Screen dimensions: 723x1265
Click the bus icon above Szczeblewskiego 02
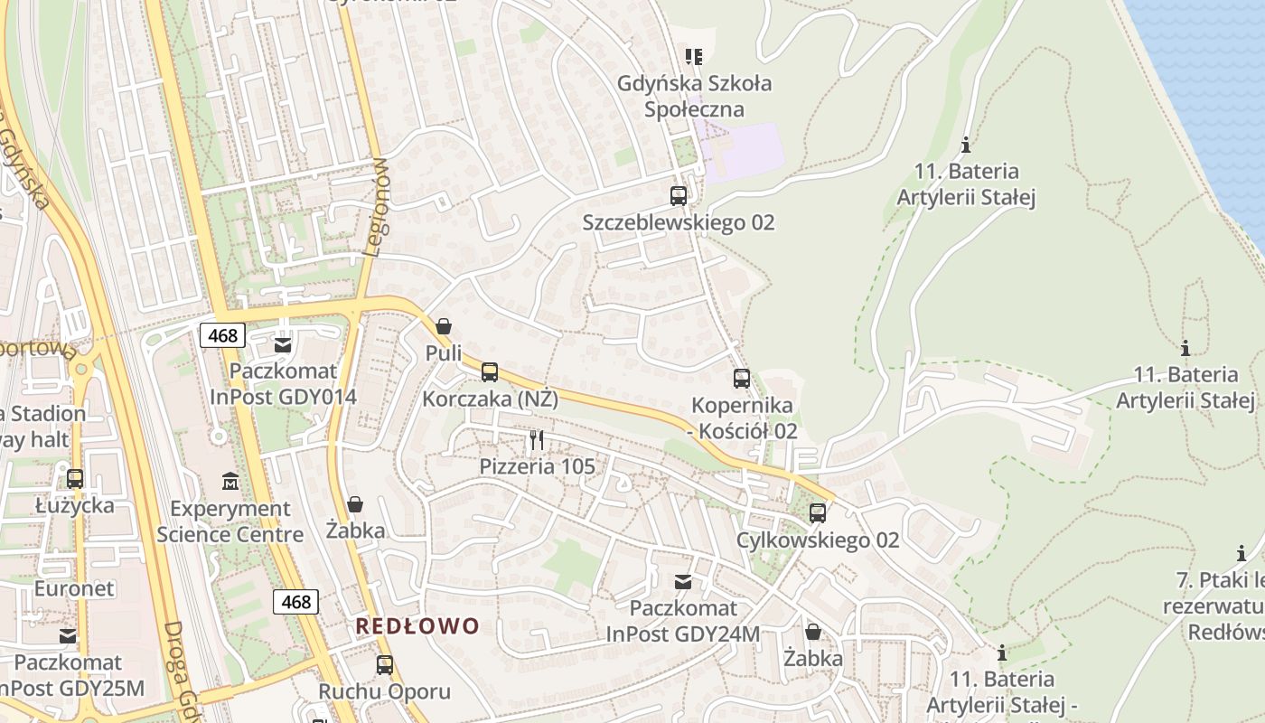coord(678,195)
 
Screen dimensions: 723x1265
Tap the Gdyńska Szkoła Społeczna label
coord(694,97)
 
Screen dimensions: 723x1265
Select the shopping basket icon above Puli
coord(443,326)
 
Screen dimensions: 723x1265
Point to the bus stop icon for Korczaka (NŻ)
coord(490,371)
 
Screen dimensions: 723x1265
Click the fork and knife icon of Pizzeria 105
coord(537,440)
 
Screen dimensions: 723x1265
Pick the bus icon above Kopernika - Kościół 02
coord(741,379)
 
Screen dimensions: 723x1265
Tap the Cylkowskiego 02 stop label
coord(818,540)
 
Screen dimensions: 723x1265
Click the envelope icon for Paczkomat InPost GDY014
coord(283,344)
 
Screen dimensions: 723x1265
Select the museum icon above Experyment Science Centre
coord(230,482)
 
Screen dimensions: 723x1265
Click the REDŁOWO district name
coord(417,626)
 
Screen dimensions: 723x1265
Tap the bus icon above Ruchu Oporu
coord(384,665)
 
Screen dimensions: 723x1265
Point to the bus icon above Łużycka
coord(75,478)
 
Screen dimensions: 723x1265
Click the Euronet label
coord(74,589)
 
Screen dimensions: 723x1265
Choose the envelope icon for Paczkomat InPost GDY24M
coord(683,582)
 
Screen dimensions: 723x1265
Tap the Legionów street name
coord(378,207)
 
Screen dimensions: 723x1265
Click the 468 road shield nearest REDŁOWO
coord(295,602)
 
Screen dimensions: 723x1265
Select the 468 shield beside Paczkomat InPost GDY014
coord(222,336)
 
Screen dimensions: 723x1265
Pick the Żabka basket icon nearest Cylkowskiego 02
coord(813,632)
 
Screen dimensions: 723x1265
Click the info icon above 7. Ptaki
coord(1242,553)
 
